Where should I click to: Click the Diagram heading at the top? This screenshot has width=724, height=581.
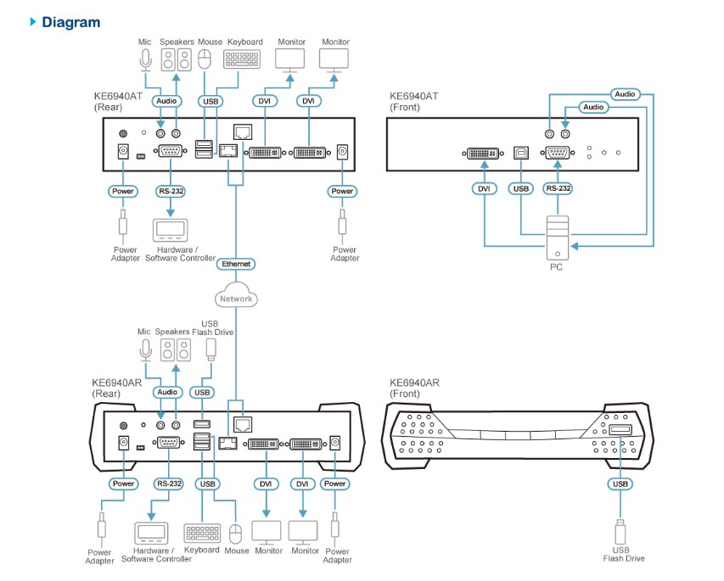(70, 22)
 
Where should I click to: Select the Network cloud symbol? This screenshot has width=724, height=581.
(236, 298)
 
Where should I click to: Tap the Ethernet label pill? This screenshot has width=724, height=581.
(236, 264)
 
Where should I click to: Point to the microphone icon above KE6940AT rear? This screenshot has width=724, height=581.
(145, 59)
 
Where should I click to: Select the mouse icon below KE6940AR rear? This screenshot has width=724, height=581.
(237, 533)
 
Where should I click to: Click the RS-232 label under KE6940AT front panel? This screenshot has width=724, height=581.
(558, 188)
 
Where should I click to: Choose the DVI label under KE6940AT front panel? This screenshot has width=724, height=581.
(484, 188)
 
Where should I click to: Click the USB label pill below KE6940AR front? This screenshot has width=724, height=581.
(620, 484)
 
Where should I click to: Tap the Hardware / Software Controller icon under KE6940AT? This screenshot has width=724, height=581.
(171, 230)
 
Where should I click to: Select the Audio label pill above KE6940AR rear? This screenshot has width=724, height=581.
(168, 392)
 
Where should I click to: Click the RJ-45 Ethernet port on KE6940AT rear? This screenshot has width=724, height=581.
(228, 150)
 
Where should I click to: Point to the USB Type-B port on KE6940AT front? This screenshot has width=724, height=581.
(520, 154)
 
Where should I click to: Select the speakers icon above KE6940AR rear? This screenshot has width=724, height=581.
(177, 350)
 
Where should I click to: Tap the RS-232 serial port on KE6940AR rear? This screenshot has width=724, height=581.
(169, 442)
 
